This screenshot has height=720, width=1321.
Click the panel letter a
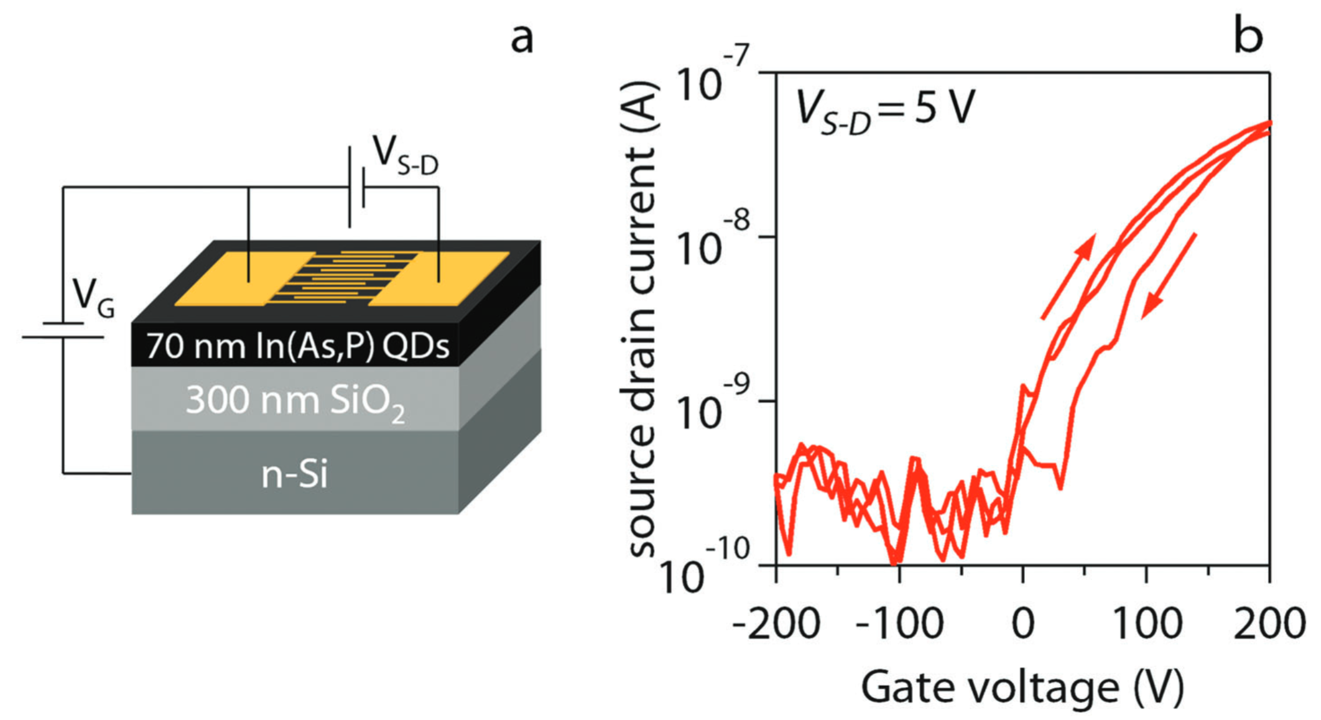click(522, 39)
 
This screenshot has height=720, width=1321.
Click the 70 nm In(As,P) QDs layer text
click(297, 346)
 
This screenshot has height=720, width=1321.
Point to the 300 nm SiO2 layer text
click(296, 401)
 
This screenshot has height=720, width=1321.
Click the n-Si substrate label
click(294, 475)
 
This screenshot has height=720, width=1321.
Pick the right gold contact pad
click(438, 279)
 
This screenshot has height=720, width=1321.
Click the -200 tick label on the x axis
click(776, 623)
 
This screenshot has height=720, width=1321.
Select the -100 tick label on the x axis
click(899, 623)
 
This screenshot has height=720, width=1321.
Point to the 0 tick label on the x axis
click(1023, 623)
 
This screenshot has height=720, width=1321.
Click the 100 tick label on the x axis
click(1146, 623)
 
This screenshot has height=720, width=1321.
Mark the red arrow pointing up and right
click(1068, 277)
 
